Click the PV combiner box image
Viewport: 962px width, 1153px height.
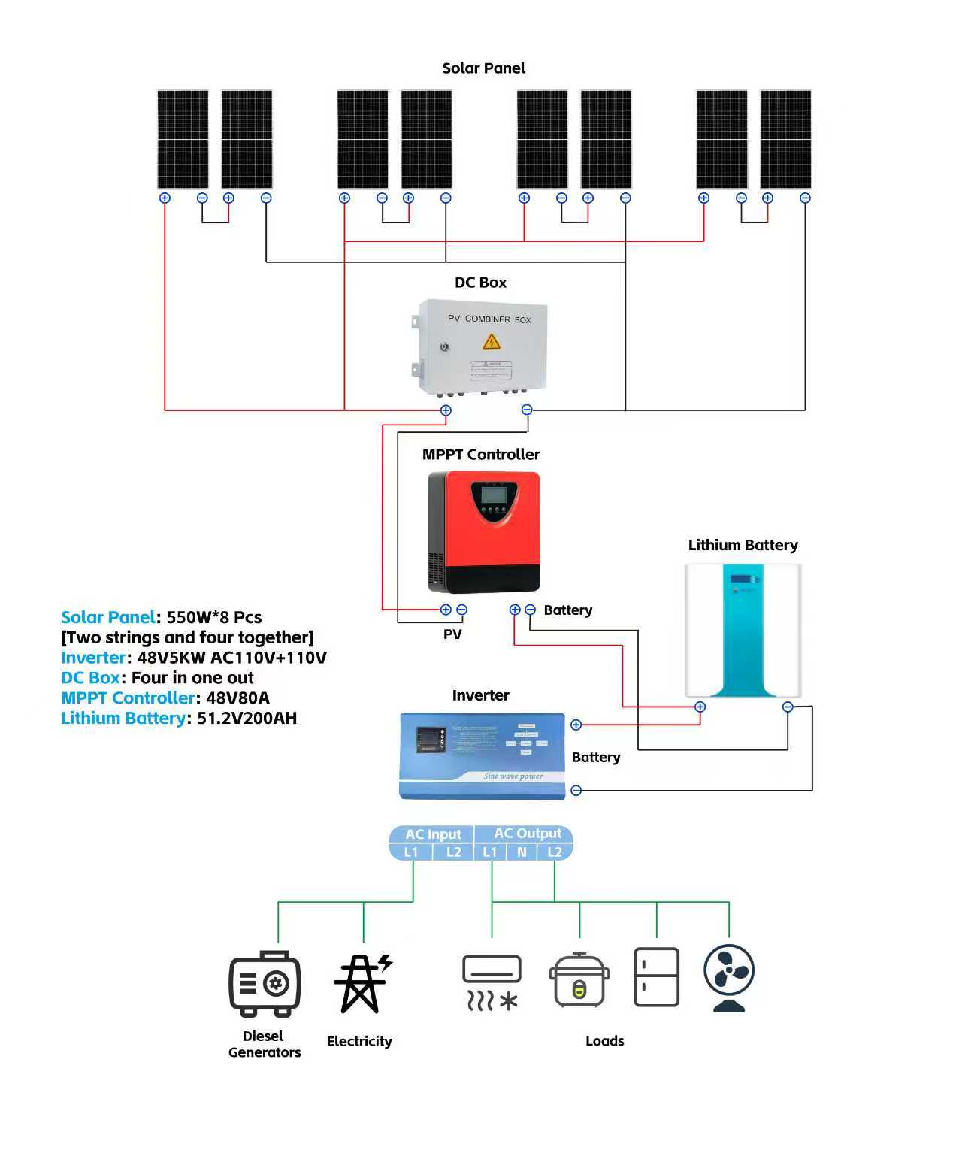coord(481,346)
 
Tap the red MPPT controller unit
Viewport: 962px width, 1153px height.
coord(485,531)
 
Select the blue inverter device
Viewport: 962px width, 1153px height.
coord(482,755)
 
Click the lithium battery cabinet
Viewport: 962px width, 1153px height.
coord(743,630)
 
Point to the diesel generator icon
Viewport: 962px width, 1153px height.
coord(265,983)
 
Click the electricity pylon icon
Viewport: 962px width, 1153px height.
coord(362,983)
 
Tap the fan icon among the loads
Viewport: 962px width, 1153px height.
coord(728,978)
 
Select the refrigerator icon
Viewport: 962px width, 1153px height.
coord(656,976)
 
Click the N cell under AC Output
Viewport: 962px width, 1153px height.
coord(522,852)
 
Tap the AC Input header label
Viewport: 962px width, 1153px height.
coord(433,834)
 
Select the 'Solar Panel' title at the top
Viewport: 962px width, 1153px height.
coord(483,68)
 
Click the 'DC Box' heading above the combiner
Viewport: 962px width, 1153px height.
coord(480,283)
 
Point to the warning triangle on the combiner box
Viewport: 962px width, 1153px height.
coord(492,343)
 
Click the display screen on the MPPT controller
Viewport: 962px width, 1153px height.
coord(492,494)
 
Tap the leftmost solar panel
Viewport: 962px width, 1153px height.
coord(183,139)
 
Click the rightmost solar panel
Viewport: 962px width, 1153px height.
coord(785,139)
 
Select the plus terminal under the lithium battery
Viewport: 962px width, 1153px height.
coord(700,707)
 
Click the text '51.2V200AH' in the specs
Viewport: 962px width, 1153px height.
coord(247,718)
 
